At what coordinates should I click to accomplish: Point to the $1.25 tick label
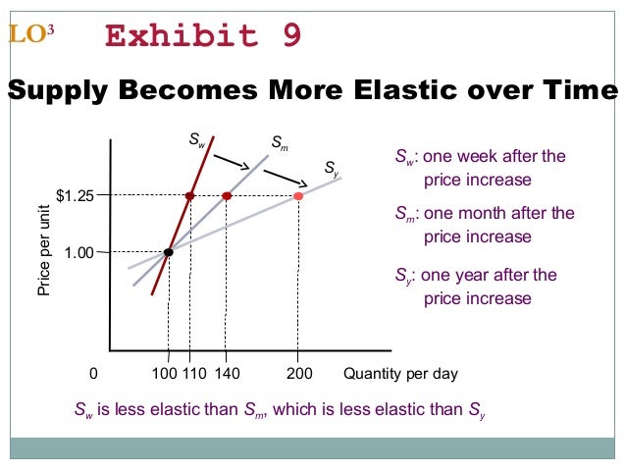[75, 196]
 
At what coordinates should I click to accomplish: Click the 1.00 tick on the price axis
[78, 253]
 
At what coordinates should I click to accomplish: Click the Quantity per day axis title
[400, 374]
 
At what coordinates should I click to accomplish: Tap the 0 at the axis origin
[93, 374]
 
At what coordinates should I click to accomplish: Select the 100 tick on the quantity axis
[163, 374]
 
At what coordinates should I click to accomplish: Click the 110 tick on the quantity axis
[193, 374]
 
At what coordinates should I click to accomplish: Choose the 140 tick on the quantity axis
[226, 374]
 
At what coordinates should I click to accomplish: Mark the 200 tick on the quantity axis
[298, 374]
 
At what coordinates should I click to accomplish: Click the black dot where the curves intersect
[169, 252]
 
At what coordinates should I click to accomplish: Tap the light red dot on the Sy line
[298, 196]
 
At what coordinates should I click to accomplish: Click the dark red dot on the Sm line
[227, 196]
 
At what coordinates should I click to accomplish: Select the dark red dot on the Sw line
[189, 196]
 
